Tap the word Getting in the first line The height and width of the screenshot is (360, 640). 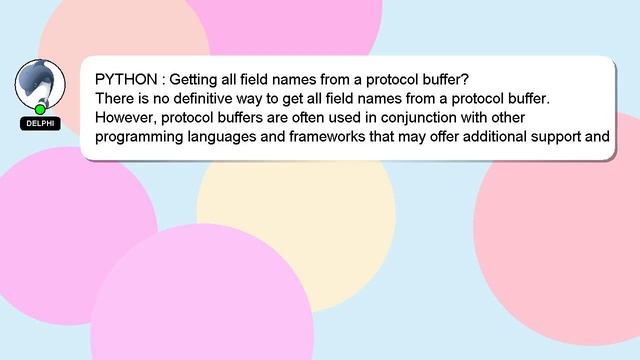pyautogui.click(x=200, y=78)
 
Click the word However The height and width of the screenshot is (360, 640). pyautogui.click(x=128, y=117)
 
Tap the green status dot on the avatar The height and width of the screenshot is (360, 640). pyautogui.click(x=41, y=108)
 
